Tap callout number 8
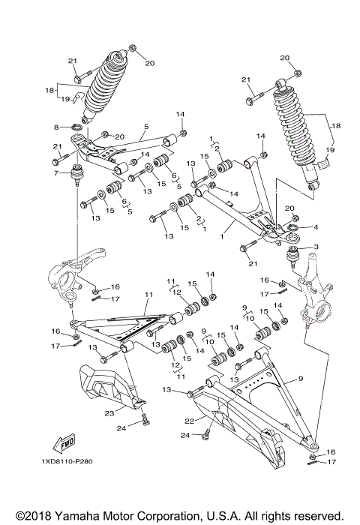click(55, 127)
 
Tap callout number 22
click(190, 419)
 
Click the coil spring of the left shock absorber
click(105, 84)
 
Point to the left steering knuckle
click(66, 274)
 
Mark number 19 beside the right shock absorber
click(328, 151)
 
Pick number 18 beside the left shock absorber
click(49, 89)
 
